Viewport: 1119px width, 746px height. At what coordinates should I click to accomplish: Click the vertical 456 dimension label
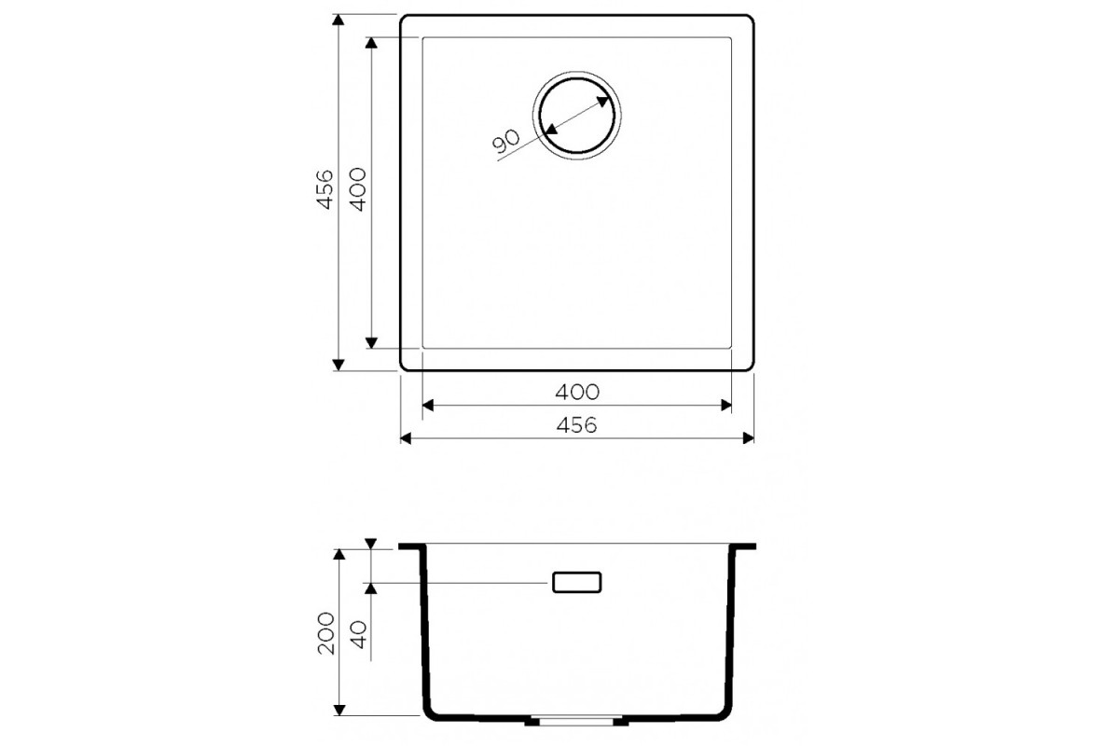pyautogui.click(x=325, y=189)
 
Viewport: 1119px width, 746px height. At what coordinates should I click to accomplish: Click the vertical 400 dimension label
pyautogui.click(x=358, y=189)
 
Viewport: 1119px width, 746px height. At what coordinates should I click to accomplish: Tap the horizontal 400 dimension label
pyautogui.click(x=577, y=393)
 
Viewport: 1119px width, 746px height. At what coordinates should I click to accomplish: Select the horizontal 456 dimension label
pyautogui.click(x=576, y=425)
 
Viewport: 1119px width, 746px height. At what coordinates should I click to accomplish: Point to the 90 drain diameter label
pyautogui.click(x=506, y=141)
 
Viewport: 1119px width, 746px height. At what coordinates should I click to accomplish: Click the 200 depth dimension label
pyautogui.click(x=325, y=633)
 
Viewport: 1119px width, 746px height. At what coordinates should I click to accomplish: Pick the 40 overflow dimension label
pyautogui.click(x=358, y=635)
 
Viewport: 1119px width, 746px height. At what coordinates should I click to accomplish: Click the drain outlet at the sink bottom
pyautogui.click(x=576, y=721)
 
